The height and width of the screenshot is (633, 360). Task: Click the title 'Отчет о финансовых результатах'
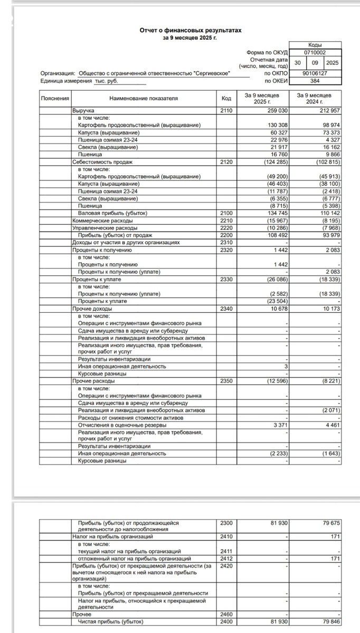(x=190, y=31)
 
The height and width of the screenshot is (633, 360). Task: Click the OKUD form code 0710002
(x=315, y=53)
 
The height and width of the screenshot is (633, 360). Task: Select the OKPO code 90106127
(x=315, y=73)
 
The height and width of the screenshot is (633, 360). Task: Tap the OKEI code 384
(x=315, y=81)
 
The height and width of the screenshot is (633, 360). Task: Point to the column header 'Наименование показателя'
(x=144, y=99)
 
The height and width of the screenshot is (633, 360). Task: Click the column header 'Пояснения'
(x=55, y=99)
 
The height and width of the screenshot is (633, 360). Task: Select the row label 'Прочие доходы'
(x=90, y=308)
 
